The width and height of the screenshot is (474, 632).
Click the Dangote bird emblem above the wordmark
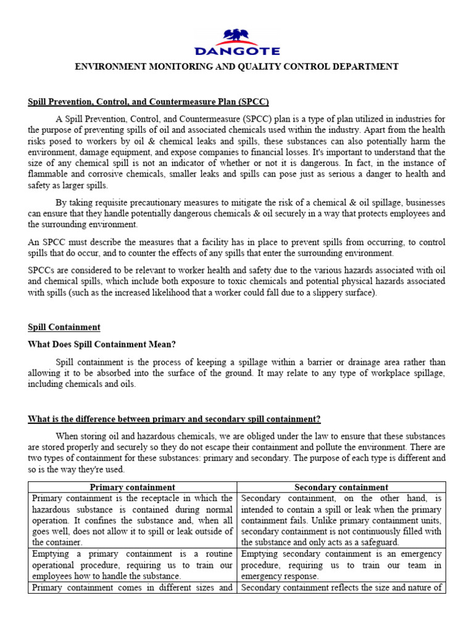click(x=237, y=36)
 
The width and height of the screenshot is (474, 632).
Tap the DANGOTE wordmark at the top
click(x=237, y=51)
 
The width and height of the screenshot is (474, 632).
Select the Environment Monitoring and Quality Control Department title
click(x=236, y=67)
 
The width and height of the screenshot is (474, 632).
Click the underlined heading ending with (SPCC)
click(x=148, y=102)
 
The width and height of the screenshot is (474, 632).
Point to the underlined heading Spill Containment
click(x=64, y=327)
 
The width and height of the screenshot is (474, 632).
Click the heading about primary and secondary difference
click(x=174, y=419)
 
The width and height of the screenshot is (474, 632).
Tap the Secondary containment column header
click(x=341, y=487)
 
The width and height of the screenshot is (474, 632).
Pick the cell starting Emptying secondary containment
click(x=341, y=565)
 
